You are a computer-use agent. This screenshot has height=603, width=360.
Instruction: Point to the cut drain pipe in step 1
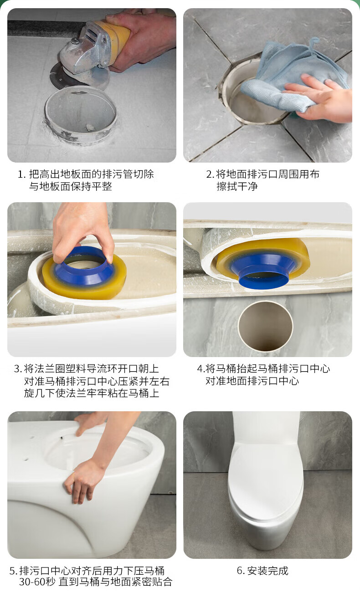tap(81, 114)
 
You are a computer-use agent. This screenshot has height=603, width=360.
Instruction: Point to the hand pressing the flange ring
tap(83, 231)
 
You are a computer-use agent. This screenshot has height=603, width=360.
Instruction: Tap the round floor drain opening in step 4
tap(265, 326)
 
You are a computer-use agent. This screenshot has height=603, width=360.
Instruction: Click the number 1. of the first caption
tap(21, 174)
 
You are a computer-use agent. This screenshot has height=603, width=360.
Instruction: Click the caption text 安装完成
tap(267, 570)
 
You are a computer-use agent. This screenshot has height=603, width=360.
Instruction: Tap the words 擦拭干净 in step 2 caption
tap(237, 186)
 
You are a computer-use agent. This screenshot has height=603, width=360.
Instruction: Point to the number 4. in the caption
tap(201, 368)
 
